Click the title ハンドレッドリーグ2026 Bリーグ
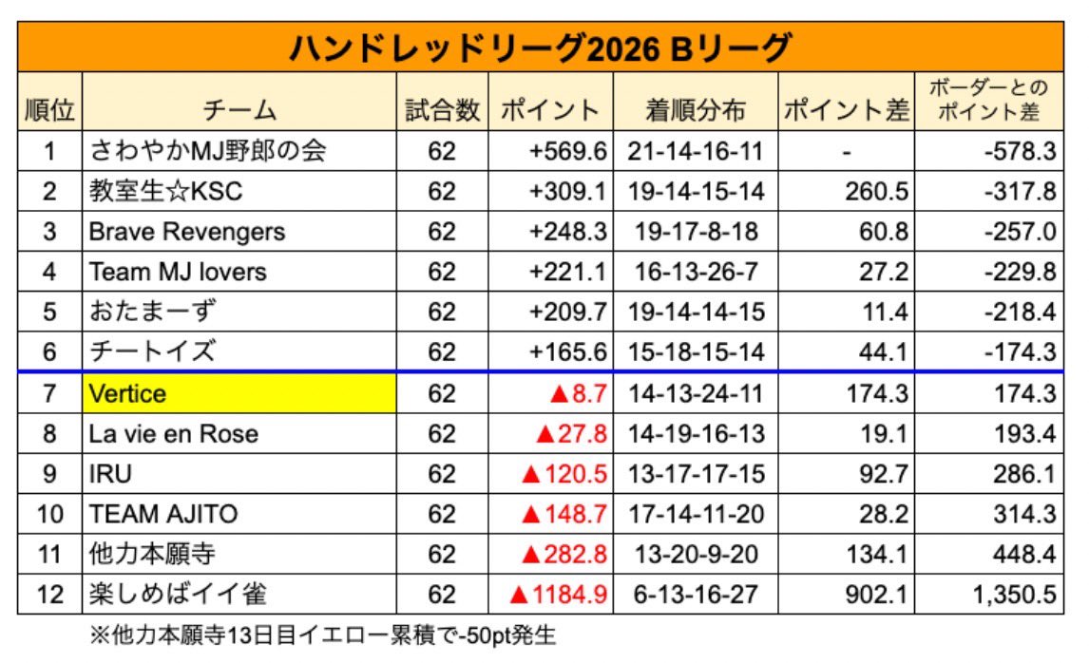tap(540, 47)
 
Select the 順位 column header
tap(49, 109)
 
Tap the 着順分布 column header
tap(696, 109)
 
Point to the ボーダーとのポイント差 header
tap(988, 100)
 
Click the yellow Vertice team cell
tap(239, 393)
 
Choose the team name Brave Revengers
tap(187, 231)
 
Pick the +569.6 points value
tap(567, 151)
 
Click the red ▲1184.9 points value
tap(558, 595)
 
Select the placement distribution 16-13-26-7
tap(696, 272)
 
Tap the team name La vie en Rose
tap(173, 434)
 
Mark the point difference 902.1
tap(876, 595)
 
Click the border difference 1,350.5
tap(1014, 595)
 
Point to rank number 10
tap(49, 514)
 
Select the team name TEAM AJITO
tap(163, 514)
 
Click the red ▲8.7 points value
tap(578, 393)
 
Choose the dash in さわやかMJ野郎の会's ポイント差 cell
tap(846, 152)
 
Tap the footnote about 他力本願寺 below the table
tap(322, 635)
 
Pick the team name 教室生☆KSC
tap(165, 191)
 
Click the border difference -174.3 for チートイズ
tap(1020, 352)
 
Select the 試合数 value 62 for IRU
tap(442, 473)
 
